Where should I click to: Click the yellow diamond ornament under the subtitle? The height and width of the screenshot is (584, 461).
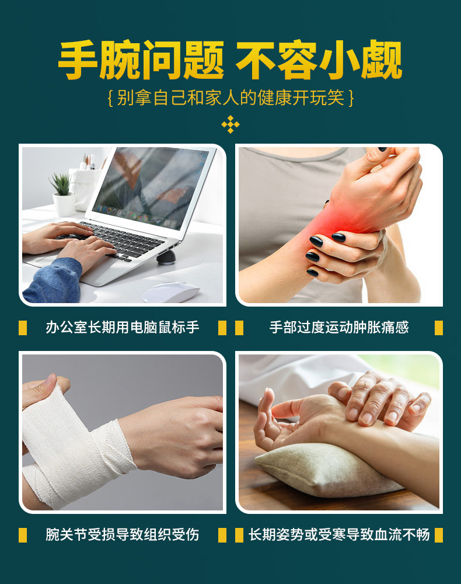[x=230, y=124]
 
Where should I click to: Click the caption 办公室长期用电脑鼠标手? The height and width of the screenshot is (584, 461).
[x=123, y=328]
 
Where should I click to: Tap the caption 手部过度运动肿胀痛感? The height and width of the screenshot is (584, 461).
[x=339, y=328]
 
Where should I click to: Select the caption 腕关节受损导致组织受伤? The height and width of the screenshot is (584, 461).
[x=123, y=534]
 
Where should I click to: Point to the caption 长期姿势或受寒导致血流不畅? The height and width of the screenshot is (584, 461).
[x=339, y=534]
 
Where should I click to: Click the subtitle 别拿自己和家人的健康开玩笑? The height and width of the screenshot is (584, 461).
[x=230, y=98]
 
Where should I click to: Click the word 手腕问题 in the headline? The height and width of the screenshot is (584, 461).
[x=141, y=60]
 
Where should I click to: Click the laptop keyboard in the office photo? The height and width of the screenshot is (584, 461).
[x=125, y=240]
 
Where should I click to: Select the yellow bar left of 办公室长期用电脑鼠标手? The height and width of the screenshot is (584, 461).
[x=23, y=328]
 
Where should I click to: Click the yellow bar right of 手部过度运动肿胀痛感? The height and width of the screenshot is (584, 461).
[x=438, y=328]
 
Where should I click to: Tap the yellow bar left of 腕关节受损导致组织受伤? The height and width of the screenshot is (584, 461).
[x=23, y=534]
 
